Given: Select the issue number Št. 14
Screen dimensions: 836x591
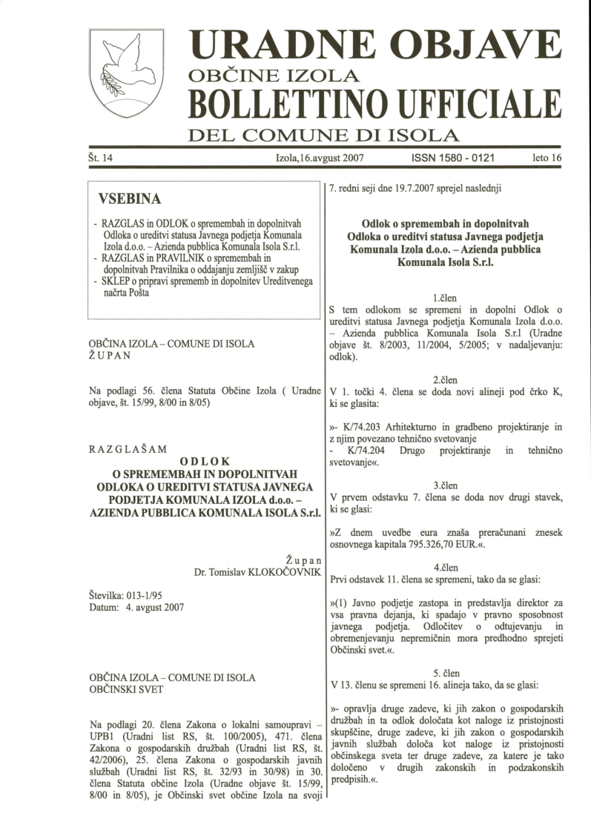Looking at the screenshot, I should [x=103, y=159].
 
